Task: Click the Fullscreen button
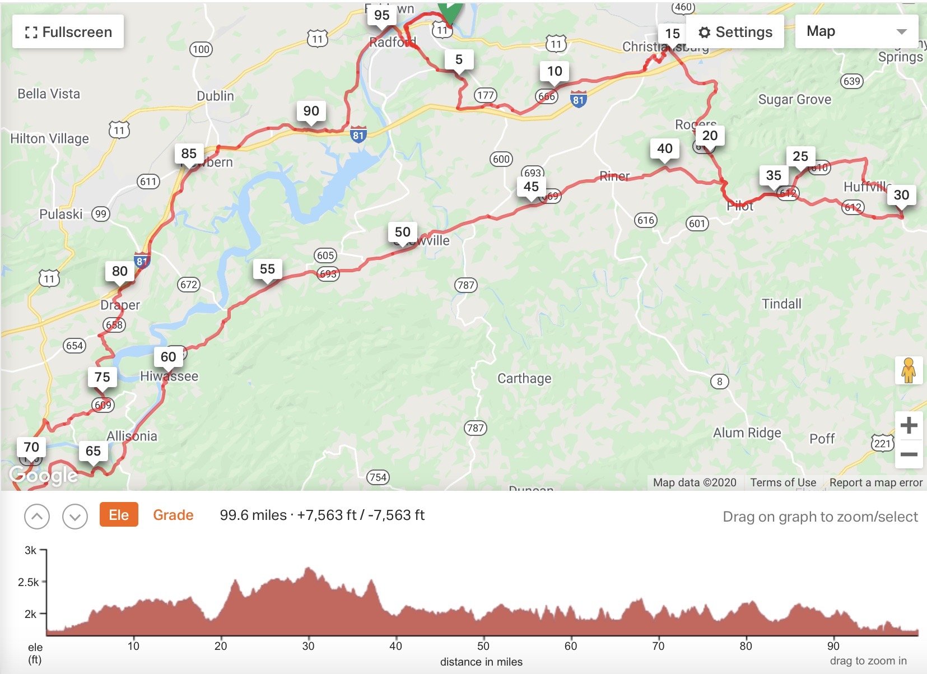(x=68, y=32)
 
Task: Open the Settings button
(x=735, y=32)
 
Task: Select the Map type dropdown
(x=856, y=31)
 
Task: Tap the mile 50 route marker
(x=402, y=232)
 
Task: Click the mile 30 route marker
(x=901, y=195)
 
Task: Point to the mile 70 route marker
(x=31, y=447)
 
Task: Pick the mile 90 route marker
(x=311, y=111)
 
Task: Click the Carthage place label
(x=524, y=379)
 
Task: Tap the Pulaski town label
(x=60, y=214)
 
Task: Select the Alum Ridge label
(x=747, y=433)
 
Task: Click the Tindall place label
(x=781, y=304)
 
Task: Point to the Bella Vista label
(x=49, y=94)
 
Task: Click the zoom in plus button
(x=909, y=426)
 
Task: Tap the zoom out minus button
(x=909, y=454)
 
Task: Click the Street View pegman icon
(x=908, y=370)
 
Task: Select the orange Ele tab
(x=119, y=515)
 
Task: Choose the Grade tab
(x=173, y=515)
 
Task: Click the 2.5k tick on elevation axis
(x=29, y=582)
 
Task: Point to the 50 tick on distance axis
(x=483, y=646)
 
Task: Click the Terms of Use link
(x=783, y=482)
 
